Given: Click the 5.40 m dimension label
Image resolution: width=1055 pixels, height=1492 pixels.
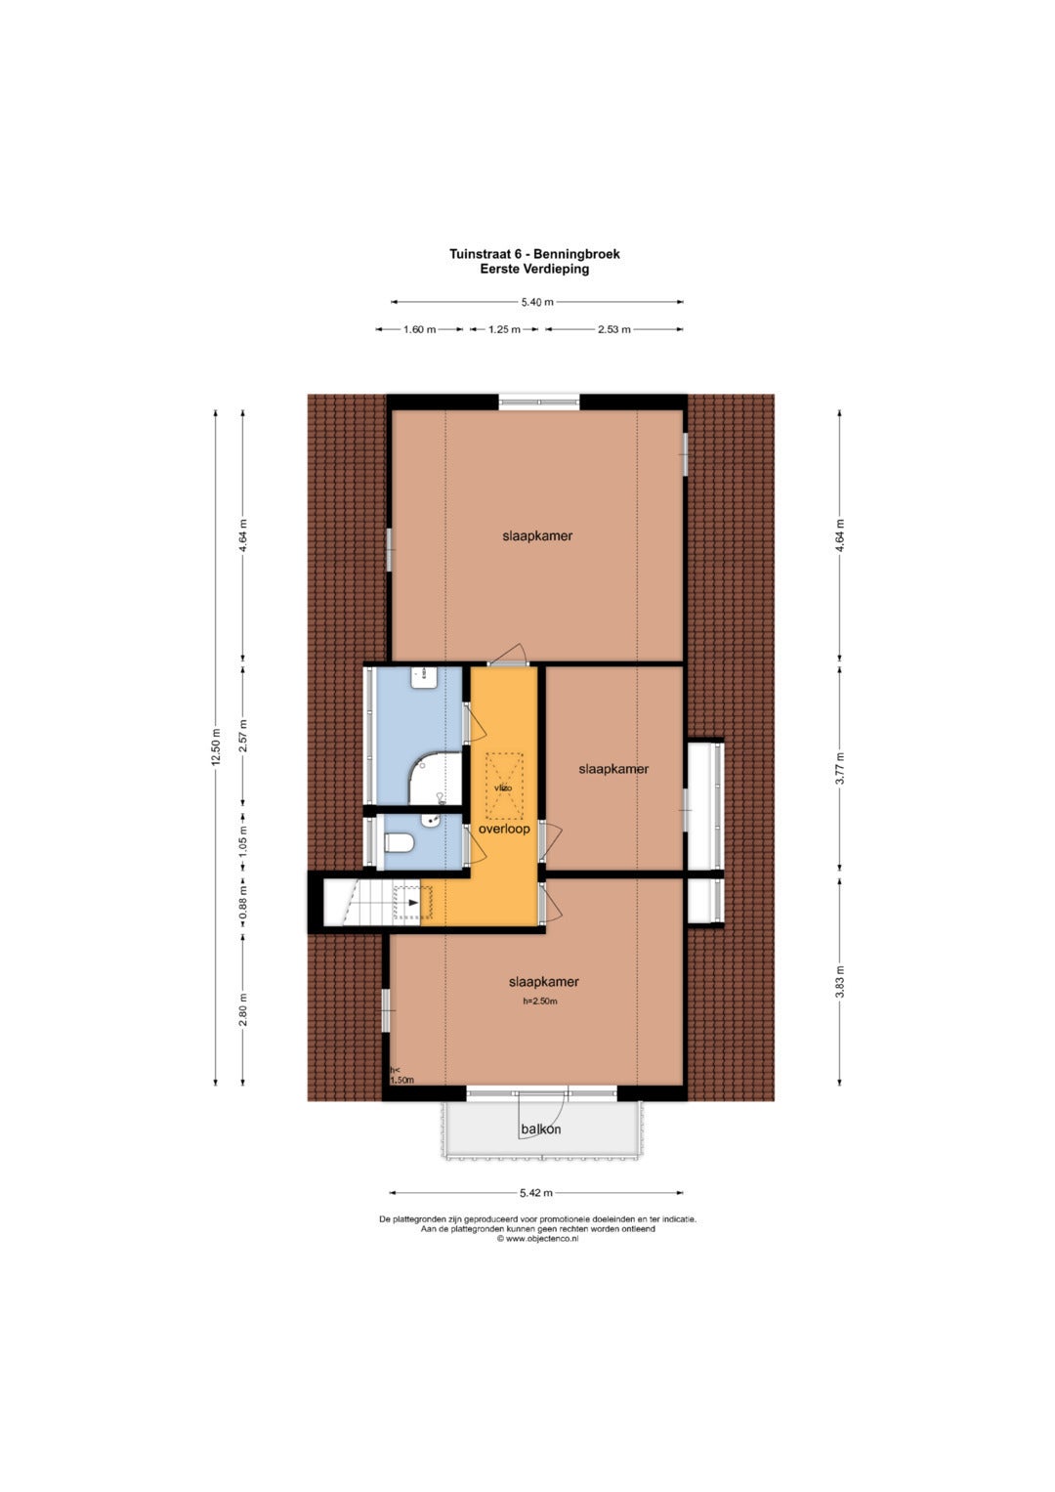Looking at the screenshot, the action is click(537, 302).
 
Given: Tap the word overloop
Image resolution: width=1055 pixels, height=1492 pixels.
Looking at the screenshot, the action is click(504, 830).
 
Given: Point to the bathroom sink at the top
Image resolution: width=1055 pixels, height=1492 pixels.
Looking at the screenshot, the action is click(424, 680).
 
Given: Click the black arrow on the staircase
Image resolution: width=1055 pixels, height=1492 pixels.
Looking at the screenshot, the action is click(413, 903).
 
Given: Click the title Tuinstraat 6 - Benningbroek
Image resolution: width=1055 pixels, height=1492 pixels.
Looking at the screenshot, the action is click(535, 254).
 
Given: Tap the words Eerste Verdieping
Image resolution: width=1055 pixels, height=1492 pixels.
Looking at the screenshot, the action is click(535, 269).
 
